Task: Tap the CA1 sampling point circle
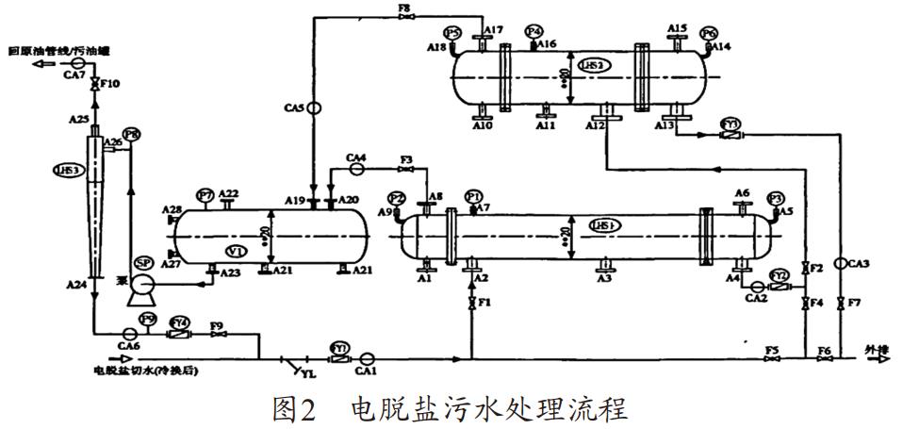coord(368,357)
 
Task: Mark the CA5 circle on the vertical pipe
coord(313,107)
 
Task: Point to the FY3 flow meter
coord(731,135)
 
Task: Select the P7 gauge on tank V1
coord(205,195)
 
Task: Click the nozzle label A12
coord(595,125)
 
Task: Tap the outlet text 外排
coord(877,351)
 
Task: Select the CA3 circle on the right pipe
coord(841,266)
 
